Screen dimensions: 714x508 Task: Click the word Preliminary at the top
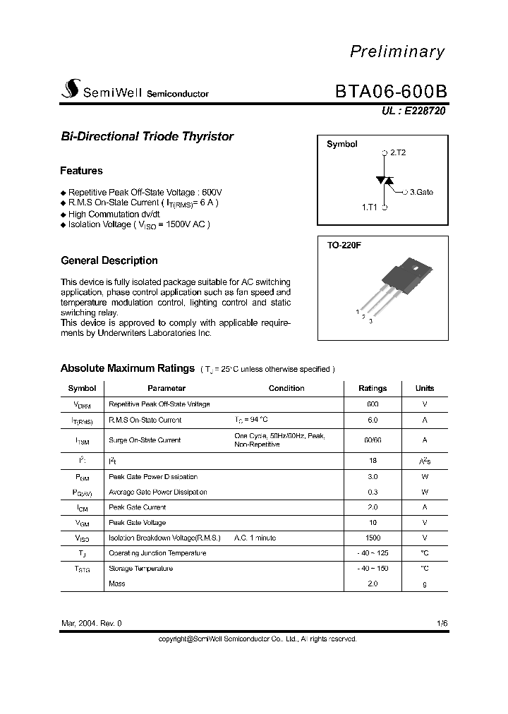(x=398, y=52)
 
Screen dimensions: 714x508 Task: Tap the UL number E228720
(x=409, y=111)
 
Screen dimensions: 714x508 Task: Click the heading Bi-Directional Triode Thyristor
(x=147, y=137)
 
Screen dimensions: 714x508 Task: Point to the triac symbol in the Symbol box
(x=384, y=181)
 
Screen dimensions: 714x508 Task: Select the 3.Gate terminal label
(x=421, y=192)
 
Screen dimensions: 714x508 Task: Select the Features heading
(x=81, y=171)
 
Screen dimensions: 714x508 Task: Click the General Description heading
(x=109, y=260)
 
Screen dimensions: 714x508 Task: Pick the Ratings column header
(x=373, y=388)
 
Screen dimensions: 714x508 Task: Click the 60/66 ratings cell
(x=373, y=440)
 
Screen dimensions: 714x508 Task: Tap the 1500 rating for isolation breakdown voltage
(x=373, y=538)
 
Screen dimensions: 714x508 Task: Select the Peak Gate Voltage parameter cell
(x=138, y=523)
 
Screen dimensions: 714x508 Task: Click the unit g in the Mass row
(x=425, y=583)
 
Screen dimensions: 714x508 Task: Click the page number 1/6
(x=442, y=624)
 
